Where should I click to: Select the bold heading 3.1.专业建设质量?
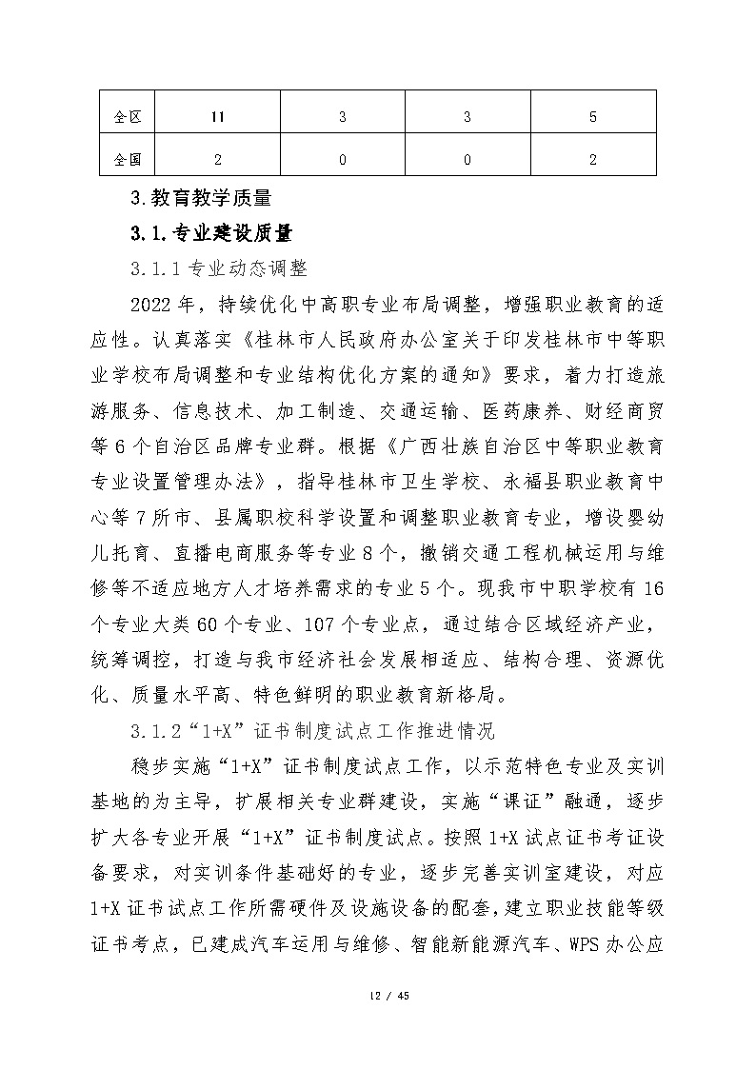(210, 233)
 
